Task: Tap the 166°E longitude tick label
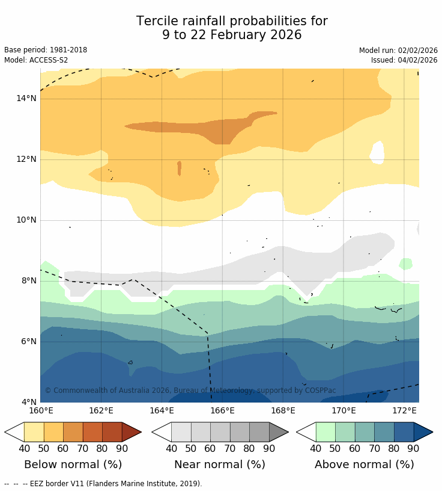[x=222, y=410]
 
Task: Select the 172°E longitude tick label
[x=404, y=410]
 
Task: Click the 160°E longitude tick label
[x=41, y=410]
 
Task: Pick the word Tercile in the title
[x=157, y=22]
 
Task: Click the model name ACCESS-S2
[x=47, y=60]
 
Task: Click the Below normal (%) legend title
[x=73, y=465]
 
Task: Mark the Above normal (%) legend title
[x=365, y=465]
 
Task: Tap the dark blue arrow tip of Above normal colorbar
[x=423, y=432]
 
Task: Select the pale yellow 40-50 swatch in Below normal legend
[x=34, y=432]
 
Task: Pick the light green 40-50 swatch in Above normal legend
[x=325, y=432]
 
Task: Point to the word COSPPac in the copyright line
[x=321, y=391]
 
